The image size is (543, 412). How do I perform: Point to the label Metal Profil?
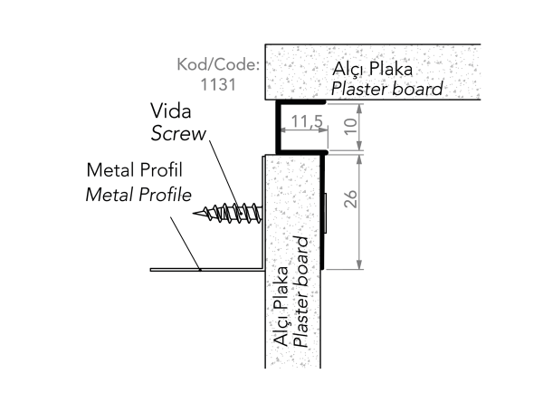[134, 171]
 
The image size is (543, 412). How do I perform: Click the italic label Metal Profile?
[138, 194]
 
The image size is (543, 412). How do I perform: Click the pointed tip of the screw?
[198, 215]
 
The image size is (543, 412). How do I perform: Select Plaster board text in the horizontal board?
[386, 89]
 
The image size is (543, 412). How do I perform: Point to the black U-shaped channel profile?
[277, 127]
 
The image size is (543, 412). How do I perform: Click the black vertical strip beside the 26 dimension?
[322, 213]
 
